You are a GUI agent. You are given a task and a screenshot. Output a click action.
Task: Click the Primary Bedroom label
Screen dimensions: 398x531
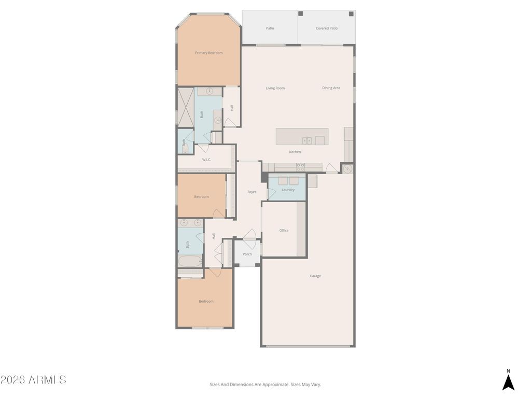208,53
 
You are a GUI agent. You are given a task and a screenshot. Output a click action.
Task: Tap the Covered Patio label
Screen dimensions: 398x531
326,29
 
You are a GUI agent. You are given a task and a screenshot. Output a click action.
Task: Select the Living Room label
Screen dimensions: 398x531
275,88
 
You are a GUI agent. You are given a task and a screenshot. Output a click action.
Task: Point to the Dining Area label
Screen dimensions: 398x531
331,88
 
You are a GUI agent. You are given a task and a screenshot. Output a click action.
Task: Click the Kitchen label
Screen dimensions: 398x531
295,152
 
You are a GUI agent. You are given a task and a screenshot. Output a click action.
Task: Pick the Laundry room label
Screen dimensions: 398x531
288,190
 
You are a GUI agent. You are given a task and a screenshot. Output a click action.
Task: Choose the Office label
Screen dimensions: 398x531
284,231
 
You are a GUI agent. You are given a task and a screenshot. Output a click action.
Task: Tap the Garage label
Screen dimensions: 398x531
315,276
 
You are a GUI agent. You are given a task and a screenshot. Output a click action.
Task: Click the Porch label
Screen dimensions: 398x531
247,254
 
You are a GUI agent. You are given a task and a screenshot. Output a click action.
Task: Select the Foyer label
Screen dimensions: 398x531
251,192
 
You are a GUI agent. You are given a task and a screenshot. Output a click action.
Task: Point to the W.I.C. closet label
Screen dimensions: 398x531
206,160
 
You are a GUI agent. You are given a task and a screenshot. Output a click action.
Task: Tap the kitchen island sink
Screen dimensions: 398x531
307,140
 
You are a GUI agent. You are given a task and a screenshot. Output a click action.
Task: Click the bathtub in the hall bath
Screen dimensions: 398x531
189,261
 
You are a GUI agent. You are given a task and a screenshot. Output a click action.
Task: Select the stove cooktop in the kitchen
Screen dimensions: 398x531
300,167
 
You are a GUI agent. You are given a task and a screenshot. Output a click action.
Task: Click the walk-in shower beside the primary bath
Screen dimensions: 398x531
185,107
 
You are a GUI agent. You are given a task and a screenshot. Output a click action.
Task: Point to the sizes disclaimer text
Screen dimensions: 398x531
265,385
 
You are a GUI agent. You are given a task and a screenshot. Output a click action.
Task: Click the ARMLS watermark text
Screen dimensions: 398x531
33,380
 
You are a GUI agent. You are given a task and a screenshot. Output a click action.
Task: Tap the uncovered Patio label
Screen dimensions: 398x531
270,29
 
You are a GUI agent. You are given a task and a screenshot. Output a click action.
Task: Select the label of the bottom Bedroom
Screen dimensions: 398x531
206,302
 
